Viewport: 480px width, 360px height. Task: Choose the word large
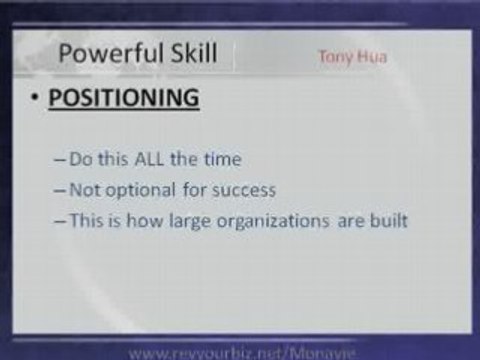pyautogui.click(x=186, y=221)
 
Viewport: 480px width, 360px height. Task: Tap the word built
pyautogui.click(x=383, y=221)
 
